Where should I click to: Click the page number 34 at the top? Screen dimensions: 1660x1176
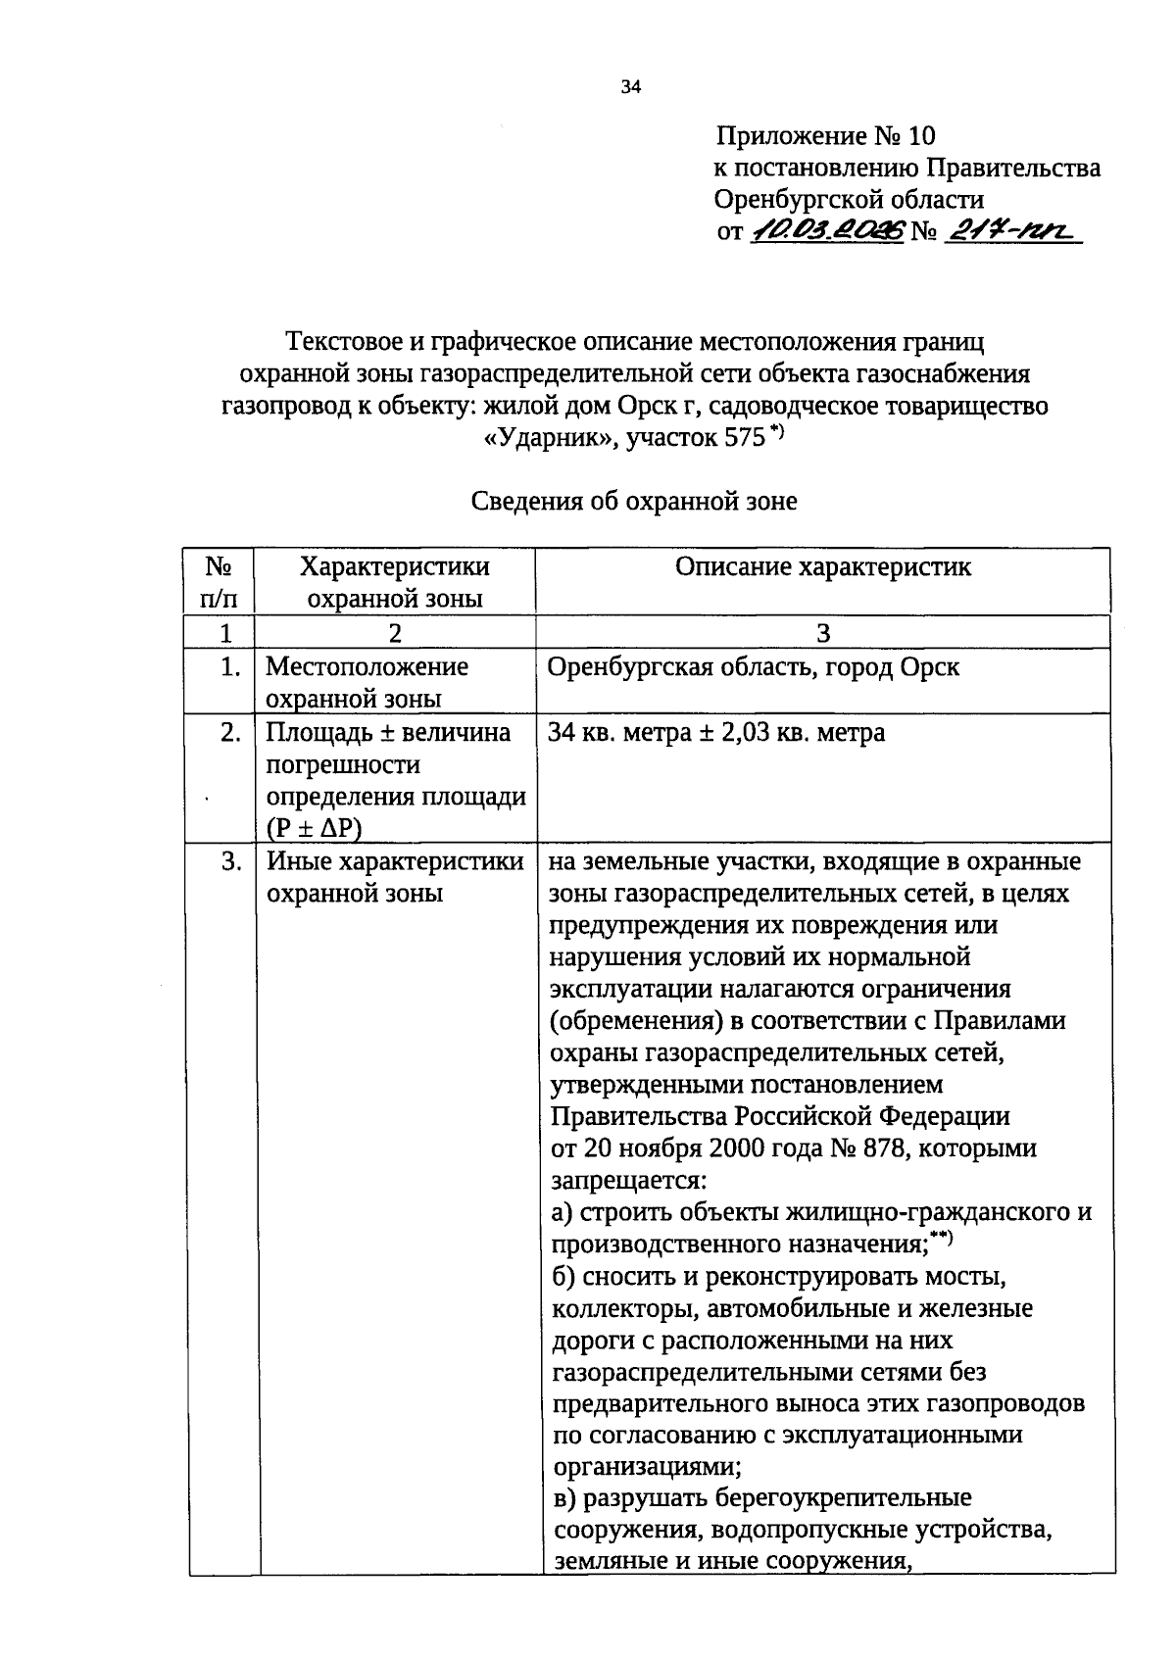pyautogui.click(x=630, y=87)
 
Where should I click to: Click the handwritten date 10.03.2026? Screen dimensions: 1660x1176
pyautogui.click(x=827, y=233)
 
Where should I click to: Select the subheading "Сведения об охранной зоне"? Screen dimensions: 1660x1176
pyautogui.click(x=634, y=502)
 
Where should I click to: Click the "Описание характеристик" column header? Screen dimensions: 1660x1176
pyautogui.click(x=822, y=566)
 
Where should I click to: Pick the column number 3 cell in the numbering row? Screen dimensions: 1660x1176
pyautogui.click(x=822, y=633)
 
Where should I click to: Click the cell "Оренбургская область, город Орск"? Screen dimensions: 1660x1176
pyautogui.click(x=753, y=667)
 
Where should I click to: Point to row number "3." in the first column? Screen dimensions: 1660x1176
pyautogui.click(x=230, y=862)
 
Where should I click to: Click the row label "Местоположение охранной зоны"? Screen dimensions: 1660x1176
pyautogui.click(x=367, y=682)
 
